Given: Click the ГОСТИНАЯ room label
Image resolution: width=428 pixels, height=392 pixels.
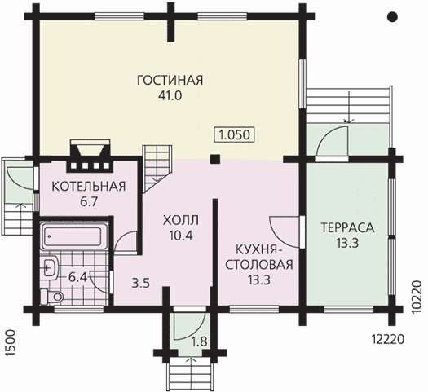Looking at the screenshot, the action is tap(170, 80).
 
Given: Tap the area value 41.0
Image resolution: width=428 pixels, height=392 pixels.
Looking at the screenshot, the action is tap(170, 95).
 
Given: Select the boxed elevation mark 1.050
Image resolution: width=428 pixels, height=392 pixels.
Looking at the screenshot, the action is tap(235, 134).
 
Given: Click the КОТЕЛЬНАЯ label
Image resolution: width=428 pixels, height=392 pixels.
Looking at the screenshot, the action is tap(89, 187).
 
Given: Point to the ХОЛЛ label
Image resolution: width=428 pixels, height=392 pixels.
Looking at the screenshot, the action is tap(181, 220).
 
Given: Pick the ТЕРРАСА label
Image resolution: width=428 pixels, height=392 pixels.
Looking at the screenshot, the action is tap(347, 227).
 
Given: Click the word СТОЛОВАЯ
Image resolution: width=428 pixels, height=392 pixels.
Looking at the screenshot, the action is tap(259, 265).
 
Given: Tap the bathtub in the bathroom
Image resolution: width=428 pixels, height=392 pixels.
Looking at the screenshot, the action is tap(73, 236).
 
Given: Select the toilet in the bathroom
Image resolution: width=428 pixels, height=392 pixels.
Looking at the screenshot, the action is tap(52, 297).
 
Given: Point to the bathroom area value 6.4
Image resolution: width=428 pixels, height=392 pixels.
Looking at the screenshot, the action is tap(77, 278).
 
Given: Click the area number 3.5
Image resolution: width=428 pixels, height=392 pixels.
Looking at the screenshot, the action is tap(141, 283).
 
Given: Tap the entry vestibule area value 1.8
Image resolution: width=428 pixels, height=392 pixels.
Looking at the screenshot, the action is tap(199, 341).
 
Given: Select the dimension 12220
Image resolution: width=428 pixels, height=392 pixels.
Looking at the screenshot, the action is tap(387, 340).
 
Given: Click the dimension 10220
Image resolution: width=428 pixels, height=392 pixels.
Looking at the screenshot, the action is tap(417, 297).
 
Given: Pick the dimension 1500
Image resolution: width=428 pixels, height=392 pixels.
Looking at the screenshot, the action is tap(10, 343).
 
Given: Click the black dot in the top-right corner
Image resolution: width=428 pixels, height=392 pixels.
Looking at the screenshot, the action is tap(392, 17).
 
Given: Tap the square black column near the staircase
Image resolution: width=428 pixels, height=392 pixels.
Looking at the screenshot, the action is tap(215, 159).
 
